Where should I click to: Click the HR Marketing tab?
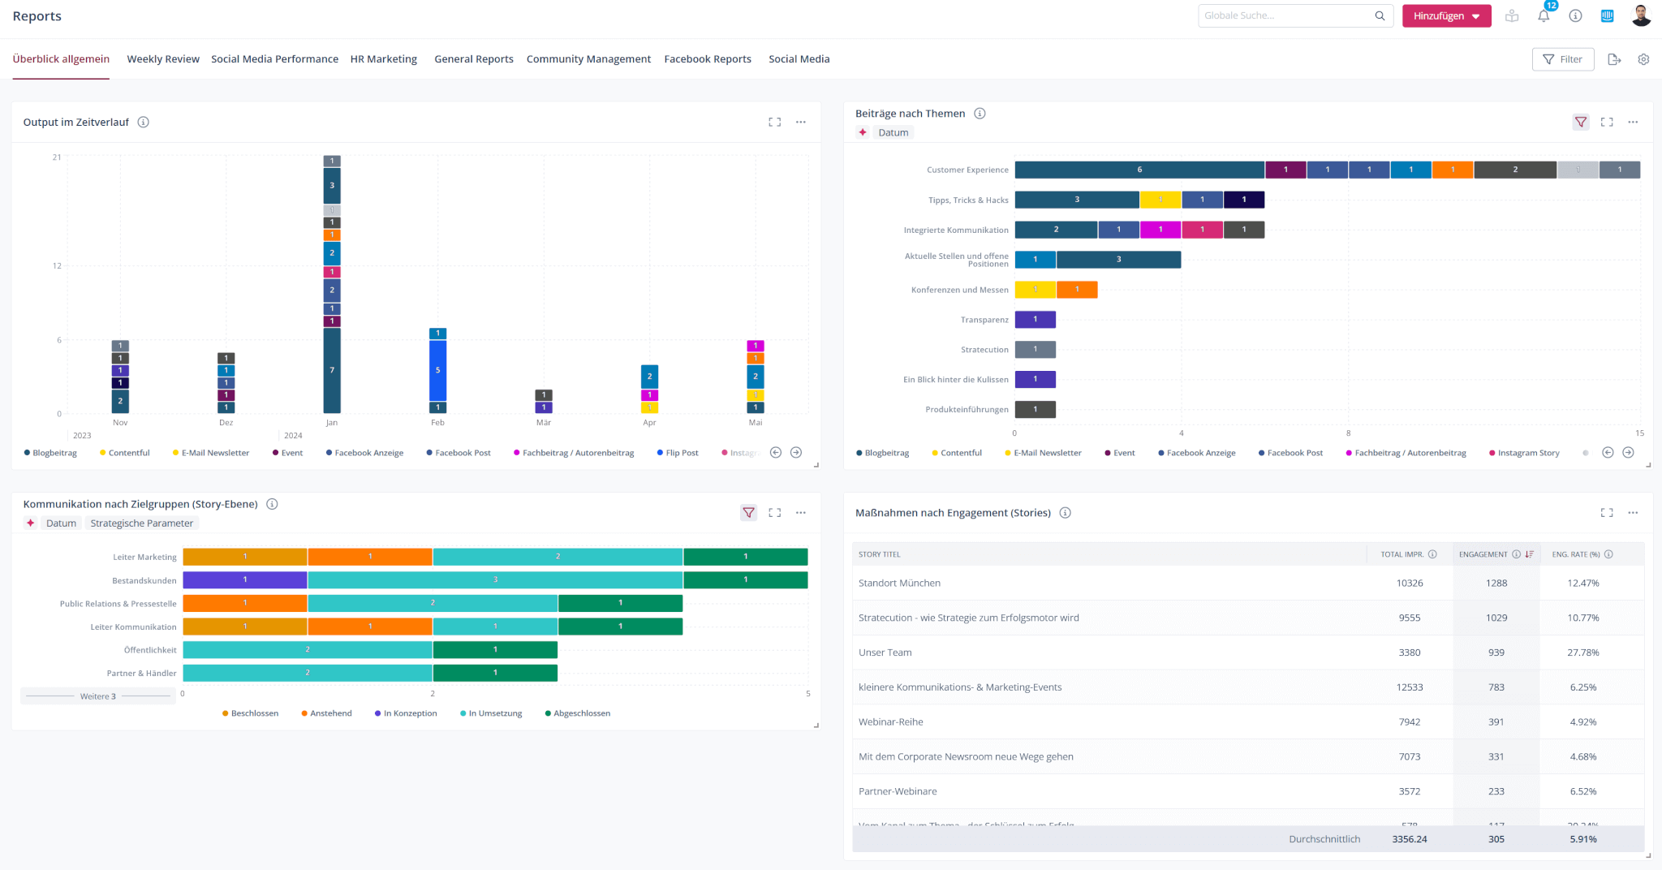[383, 59]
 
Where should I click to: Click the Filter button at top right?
[1562, 59]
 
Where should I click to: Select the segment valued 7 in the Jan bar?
[332, 370]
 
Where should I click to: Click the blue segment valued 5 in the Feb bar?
[437, 370]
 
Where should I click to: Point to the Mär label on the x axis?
[544, 423]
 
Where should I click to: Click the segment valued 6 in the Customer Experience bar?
[1139, 170]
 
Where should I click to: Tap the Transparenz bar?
[1035, 320]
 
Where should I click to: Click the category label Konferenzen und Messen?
[959, 290]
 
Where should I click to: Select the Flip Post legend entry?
[681, 453]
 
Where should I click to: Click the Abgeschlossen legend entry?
[581, 713]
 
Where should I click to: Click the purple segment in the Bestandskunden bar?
[244, 579]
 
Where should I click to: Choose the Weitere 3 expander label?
[97, 696]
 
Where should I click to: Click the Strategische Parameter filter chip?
[141, 523]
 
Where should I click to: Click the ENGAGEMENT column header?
[1483, 554]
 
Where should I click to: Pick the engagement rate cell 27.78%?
[1582, 652]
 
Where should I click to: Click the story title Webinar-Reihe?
[890, 721]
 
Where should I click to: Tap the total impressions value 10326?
[1409, 583]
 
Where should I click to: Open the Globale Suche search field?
[1285, 15]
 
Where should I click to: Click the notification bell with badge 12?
[1544, 15]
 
